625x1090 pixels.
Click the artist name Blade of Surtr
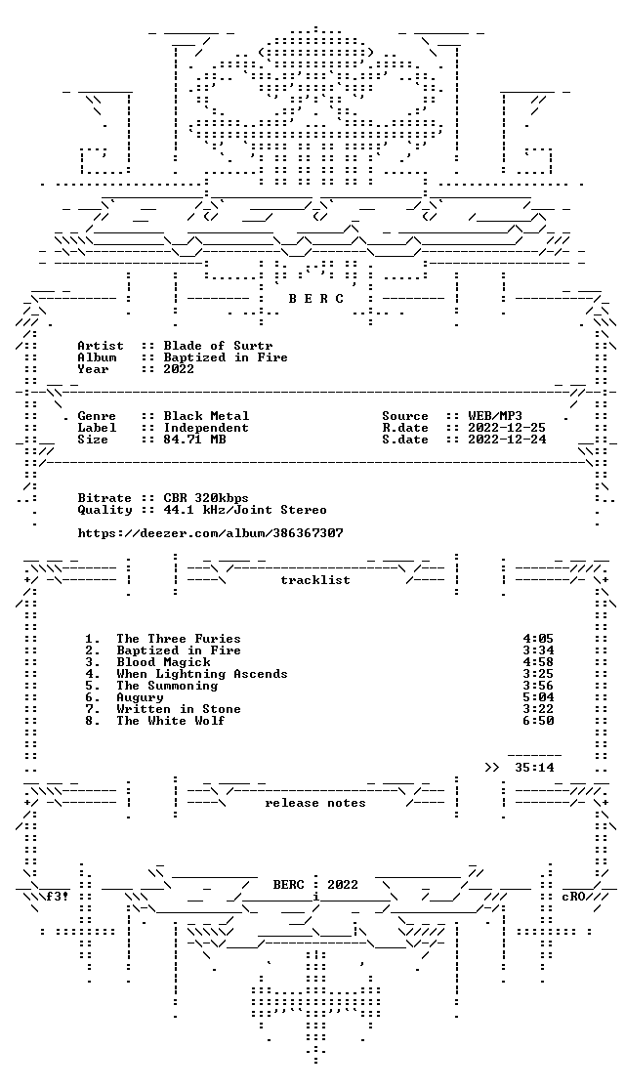pyautogui.click(x=219, y=346)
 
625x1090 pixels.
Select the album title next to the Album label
pyautogui.click(x=226, y=357)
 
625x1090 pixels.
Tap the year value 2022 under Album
pyautogui.click(x=179, y=369)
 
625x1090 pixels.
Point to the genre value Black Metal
pyautogui.click(x=206, y=416)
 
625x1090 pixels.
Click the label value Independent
pyautogui.click(x=206, y=428)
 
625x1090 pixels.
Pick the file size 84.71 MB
pyautogui.click(x=194, y=440)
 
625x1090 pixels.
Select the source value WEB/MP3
pyautogui.click(x=495, y=416)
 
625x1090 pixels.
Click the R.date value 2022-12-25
pyautogui.click(x=507, y=428)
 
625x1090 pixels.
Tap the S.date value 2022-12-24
pyautogui.click(x=507, y=440)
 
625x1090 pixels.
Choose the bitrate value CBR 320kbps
pyautogui.click(x=206, y=498)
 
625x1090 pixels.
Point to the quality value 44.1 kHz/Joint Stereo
pyautogui.click(x=245, y=510)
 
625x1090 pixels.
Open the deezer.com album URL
pyautogui.click(x=210, y=533)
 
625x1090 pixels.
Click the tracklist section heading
pyautogui.click(x=315, y=580)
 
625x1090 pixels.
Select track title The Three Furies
pyautogui.click(x=179, y=638)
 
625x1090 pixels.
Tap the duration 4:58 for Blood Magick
pyautogui.click(x=538, y=662)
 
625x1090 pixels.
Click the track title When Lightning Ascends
pyautogui.click(x=202, y=674)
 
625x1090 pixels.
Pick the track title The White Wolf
pyautogui.click(x=171, y=720)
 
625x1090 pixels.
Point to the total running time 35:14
pyautogui.click(x=534, y=768)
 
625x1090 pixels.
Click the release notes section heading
pyautogui.click(x=315, y=803)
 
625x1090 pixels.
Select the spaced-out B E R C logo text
pyautogui.click(x=315, y=299)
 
